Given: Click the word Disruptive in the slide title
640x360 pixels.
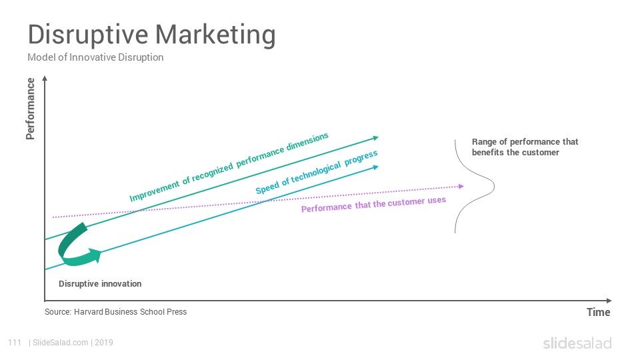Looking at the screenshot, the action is click(x=88, y=35).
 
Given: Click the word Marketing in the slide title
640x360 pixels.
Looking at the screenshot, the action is click(x=215, y=35).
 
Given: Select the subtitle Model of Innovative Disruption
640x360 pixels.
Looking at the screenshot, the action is click(x=95, y=57).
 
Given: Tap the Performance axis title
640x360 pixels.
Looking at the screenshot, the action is click(x=30, y=109).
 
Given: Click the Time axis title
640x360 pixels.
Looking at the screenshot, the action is click(x=599, y=312).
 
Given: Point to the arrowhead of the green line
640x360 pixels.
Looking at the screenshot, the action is click(x=376, y=138).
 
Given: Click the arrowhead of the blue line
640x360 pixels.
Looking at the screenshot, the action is click(x=376, y=167).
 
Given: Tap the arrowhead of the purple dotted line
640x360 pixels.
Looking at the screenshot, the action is click(x=461, y=186).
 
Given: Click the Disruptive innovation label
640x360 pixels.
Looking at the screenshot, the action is click(x=100, y=284).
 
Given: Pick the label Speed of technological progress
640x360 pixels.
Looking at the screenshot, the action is click(x=316, y=172).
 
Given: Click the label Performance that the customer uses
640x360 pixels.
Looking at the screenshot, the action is click(x=373, y=204).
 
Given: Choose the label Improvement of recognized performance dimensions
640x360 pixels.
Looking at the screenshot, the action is click(x=229, y=167).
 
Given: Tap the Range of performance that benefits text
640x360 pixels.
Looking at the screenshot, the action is click(x=525, y=147).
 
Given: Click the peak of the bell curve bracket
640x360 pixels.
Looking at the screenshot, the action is click(x=494, y=187).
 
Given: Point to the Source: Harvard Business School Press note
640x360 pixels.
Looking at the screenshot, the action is click(x=115, y=312).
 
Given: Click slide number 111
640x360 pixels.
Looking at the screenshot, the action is click(x=15, y=343).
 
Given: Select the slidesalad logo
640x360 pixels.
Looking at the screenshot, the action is click(x=577, y=343).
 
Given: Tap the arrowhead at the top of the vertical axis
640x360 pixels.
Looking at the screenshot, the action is click(x=45, y=79).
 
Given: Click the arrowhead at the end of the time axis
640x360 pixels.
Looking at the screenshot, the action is click(x=609, y=301).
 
